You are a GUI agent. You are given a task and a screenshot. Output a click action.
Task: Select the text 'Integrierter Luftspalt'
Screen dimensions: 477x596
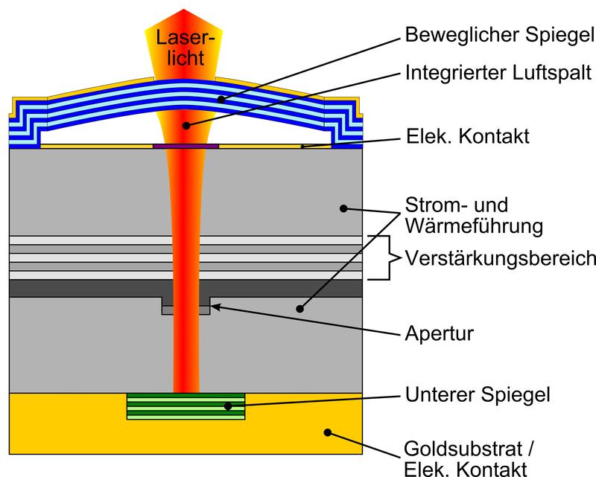click(498, 73)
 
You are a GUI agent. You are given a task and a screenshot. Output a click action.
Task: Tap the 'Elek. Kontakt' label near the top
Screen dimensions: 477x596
click(469, 137)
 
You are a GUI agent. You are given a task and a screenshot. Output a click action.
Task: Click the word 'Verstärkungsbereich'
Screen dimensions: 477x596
click(500, 258)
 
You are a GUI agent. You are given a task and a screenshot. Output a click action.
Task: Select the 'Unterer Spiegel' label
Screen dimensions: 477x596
click(477, 393)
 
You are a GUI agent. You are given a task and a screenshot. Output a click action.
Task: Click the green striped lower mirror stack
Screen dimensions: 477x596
click(186, 406)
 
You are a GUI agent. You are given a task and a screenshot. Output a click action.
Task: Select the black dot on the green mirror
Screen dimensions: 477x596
click(227, 406)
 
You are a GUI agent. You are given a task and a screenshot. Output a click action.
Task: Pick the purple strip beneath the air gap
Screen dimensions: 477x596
click(186, 146)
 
